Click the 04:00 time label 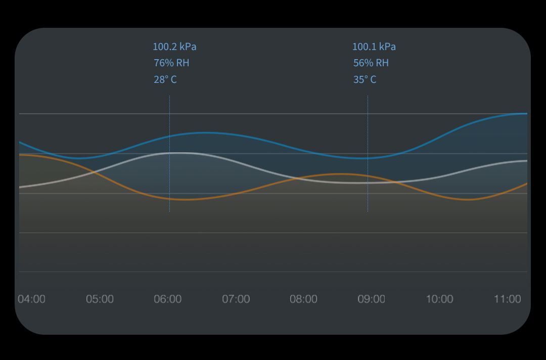(31, 299)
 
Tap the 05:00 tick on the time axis (100, 299)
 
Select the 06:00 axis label (168, 299)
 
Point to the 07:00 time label (236, 299)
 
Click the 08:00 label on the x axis (303, 299)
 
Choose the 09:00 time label (372, 299)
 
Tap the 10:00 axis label (439, 299)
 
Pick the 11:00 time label (507, 299)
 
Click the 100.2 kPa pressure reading (174, 47)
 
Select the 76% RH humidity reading (171, 63)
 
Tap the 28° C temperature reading (165, 80)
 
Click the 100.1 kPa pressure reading (374, 47)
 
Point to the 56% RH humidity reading (371, 63)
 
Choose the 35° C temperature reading (365, 80)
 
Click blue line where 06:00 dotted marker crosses (169, 136)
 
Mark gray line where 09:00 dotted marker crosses (368, 183)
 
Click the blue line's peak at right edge (526, 114)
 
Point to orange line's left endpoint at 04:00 (20, 155)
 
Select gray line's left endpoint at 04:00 (20, 187)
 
